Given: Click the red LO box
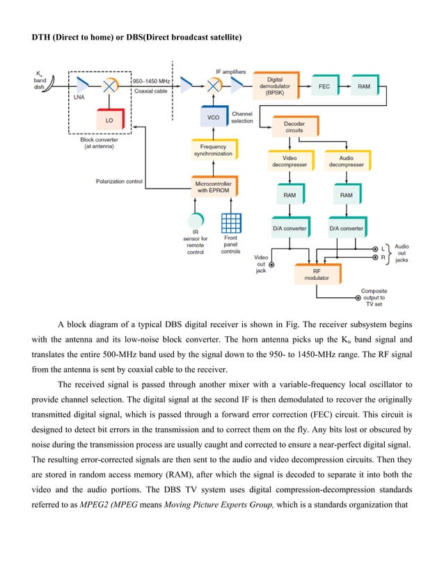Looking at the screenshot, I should (x=109, y=120).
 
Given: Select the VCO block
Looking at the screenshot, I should (x=213, y=117).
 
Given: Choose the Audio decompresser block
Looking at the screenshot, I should (x=346, y=162).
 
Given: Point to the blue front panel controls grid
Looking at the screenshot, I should (x=230, y=223).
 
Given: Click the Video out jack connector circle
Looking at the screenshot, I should (x=271, y=265).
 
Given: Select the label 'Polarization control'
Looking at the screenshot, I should (x=119, y=182).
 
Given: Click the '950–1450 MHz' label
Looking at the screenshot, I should (x=151, y=81).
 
